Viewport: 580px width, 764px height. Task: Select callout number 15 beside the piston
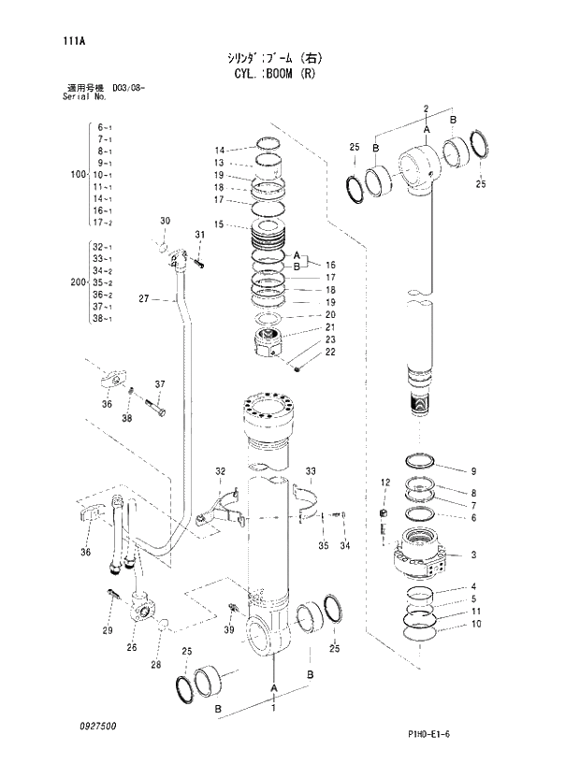[219, 224]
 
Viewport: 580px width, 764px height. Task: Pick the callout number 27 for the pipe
[143, 299]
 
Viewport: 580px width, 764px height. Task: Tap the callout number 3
[474, 555]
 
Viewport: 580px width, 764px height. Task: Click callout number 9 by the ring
[473, 470]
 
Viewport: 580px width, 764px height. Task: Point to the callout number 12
[384, 482]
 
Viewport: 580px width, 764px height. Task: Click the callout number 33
[311, 470]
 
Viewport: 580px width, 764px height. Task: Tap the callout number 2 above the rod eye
[425, 108]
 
